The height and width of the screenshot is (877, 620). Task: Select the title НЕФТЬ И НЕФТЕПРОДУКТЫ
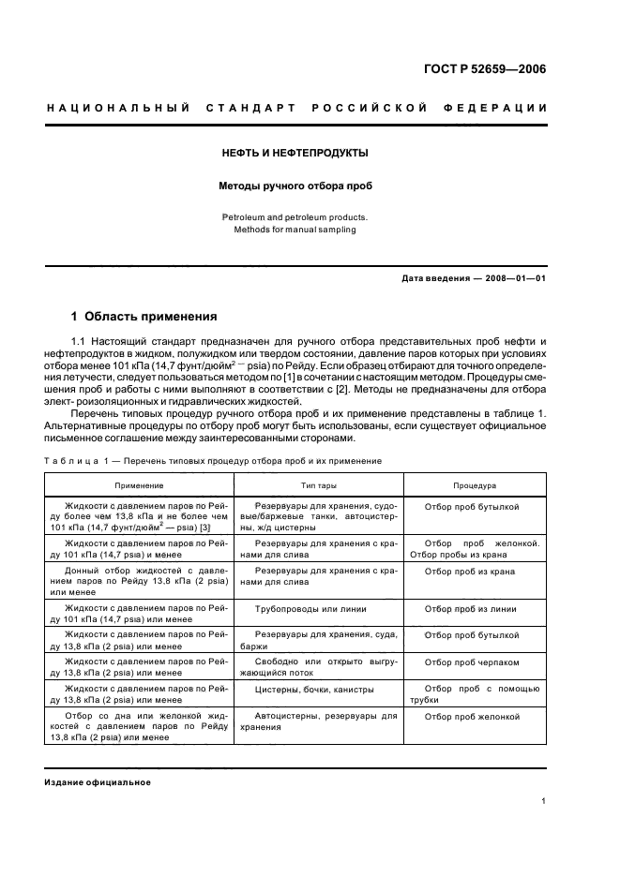[295, 152]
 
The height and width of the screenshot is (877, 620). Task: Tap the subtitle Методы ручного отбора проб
[295, 186]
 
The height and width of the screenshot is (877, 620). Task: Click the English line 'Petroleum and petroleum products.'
[295, 216]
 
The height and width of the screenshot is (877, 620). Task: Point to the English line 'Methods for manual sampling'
[295, 230]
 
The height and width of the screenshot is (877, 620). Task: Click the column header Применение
[139, 485]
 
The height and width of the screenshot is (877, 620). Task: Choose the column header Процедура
[475, 485]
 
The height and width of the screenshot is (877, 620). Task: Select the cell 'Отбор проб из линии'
[470, 608]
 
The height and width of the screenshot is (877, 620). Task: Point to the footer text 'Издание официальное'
[98, 782]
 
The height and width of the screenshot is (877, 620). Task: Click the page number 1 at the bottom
[544, 801]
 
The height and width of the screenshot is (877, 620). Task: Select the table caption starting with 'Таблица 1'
[213, 461]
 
